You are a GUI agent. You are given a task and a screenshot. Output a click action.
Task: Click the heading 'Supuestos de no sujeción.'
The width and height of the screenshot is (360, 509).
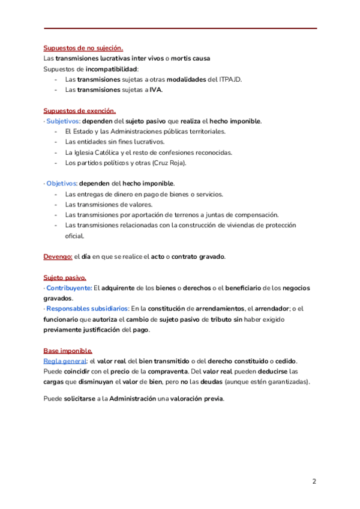tap(83, 48)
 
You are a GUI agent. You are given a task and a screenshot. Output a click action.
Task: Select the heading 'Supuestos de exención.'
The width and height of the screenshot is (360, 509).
tap(79, 110)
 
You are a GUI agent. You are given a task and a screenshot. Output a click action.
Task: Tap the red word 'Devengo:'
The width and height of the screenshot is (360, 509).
tap(58, 256)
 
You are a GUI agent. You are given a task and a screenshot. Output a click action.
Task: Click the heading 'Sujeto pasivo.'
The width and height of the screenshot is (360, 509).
tap(64, 277)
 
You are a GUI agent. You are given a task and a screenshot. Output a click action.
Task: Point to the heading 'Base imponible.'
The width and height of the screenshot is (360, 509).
tap(67, 351)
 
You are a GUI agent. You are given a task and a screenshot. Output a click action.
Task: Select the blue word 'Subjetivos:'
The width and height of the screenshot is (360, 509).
tap(62, 121)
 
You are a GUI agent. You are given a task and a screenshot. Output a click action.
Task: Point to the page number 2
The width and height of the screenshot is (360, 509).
tap(314, 481)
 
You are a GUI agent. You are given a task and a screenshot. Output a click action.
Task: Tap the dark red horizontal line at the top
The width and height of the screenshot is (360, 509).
tap(180, 28)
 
